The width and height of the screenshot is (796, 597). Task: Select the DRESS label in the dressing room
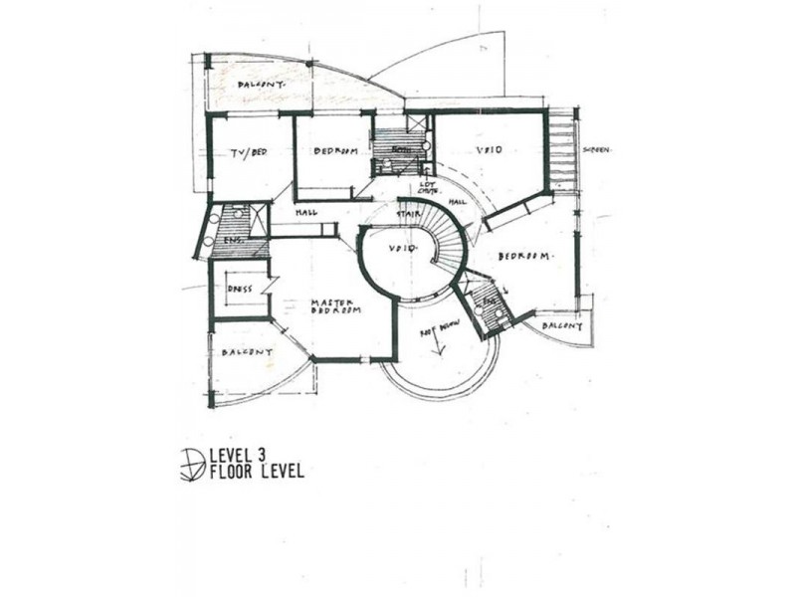[239, 290]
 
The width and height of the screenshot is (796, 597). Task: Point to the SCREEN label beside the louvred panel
[597, 149]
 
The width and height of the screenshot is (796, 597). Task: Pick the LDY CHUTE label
[429, 188]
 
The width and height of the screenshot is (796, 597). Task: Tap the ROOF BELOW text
[438, 334]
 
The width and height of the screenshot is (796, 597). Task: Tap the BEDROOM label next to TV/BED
[335, 151]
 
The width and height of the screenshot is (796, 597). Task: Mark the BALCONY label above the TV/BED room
[261, 86]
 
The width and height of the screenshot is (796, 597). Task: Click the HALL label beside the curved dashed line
[458, 202]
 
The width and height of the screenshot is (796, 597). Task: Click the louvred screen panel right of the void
[563, 149]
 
